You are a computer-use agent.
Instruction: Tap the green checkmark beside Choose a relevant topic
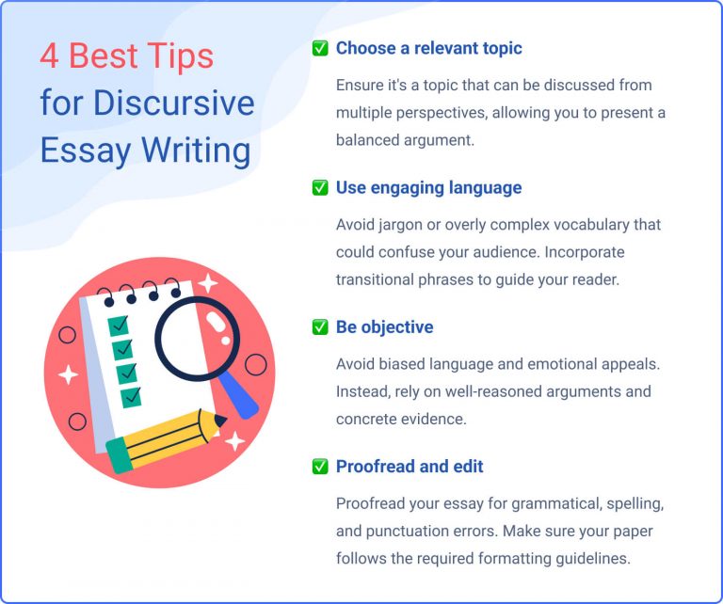320,49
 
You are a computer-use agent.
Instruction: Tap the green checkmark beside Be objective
320,327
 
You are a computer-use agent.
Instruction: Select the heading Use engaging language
428,188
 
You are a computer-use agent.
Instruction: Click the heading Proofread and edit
410,467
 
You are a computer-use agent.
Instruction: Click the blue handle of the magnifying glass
241,396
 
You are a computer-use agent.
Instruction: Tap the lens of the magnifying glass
197,340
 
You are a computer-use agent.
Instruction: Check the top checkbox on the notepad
120,326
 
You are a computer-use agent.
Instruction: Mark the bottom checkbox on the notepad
131,396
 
